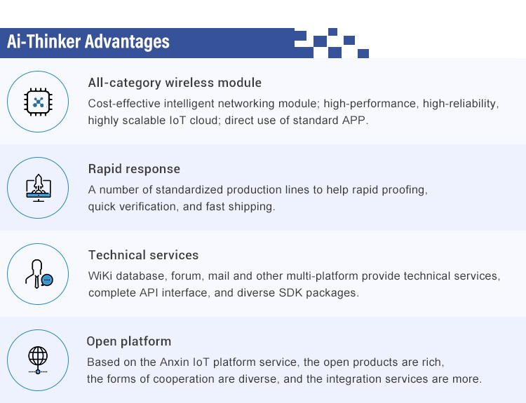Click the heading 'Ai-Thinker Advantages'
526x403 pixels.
point(88,41)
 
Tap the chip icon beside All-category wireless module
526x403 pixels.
point(38,102)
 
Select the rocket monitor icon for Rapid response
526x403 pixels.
point(39,188)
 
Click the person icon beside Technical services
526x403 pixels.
point(39,274)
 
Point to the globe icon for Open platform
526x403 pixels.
point(38,360)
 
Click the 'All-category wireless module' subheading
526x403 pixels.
point(175,83)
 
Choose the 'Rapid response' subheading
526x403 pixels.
point(134,169)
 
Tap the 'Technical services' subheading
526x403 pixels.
point(144,255)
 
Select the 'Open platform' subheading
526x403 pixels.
point(129,341)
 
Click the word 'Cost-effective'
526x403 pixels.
point(124,103)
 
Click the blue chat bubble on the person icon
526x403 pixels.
point(47,280)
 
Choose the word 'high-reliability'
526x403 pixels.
point(459,103)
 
